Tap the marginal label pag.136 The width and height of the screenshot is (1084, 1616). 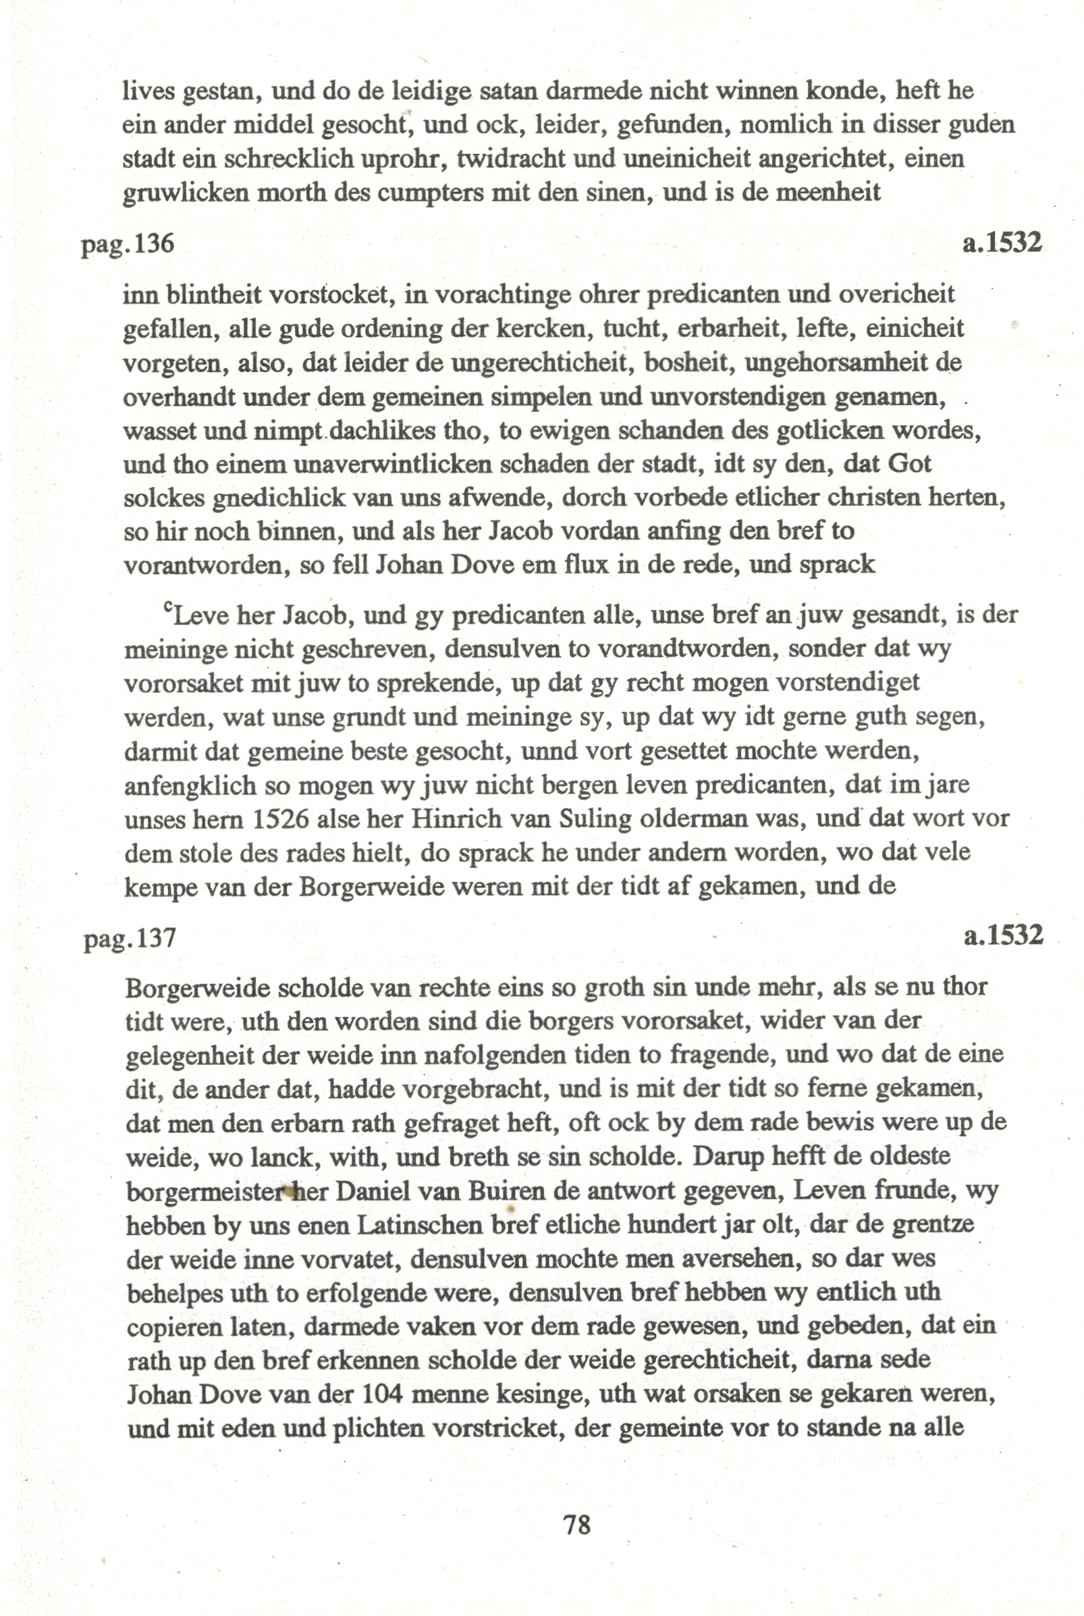[128, 244]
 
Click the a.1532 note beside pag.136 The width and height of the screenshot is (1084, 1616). [1002, 242]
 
